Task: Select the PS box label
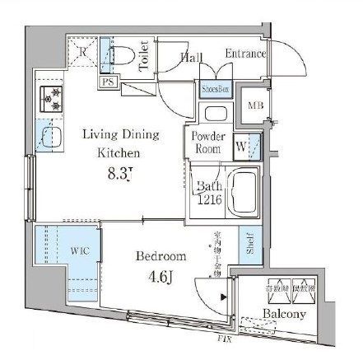click(108, 82)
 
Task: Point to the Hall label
click(192, 57)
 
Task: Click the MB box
click(257, 104)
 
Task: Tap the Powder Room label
click(208, 143)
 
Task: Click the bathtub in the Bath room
click(240, 193)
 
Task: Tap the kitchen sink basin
click(51, 136)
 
